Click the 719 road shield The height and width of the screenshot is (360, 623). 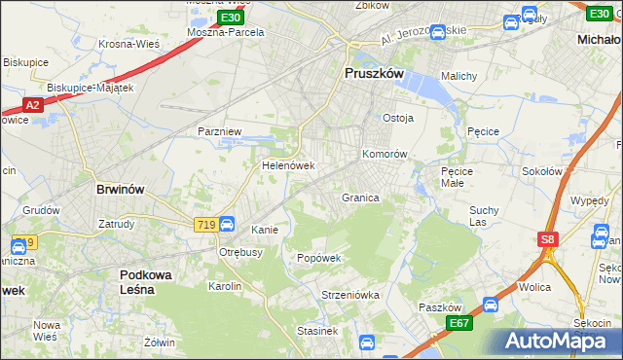point(203,224)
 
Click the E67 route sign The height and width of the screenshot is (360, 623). point(458,322)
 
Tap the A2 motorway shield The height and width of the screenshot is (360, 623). point(31,104)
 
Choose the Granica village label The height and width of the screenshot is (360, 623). point(359,198)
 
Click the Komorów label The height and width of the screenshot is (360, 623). point(385,155)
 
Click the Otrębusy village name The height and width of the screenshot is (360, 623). point(240,252)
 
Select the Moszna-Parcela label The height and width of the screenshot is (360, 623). point(226,32)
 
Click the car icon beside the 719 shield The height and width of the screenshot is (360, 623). point(226,224)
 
